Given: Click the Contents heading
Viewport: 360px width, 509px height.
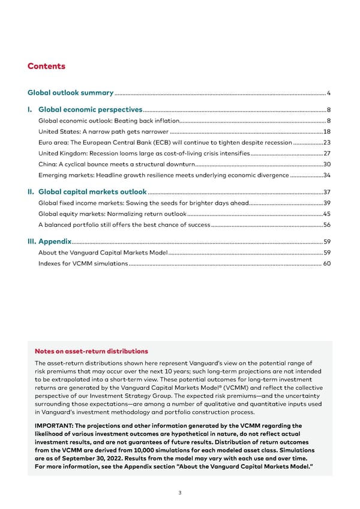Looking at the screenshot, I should pos(46,67).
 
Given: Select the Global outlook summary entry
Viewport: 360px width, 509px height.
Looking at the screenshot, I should pos(71,93).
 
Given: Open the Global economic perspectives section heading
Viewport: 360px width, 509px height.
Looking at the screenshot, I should pos(90,110).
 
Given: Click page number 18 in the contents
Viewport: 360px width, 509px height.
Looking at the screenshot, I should pos(327,131).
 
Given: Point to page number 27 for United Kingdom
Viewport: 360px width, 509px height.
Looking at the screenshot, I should pos(327,154).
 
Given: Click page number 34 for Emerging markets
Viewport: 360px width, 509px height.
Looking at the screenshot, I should pos(327,175).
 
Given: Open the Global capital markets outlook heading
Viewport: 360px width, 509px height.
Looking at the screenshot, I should pos(92,192).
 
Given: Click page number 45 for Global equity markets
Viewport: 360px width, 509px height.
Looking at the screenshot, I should pos(327,214).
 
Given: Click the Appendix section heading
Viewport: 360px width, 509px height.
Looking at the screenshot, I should pos(55,241).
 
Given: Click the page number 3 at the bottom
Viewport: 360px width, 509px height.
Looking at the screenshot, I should pos(180,493).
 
